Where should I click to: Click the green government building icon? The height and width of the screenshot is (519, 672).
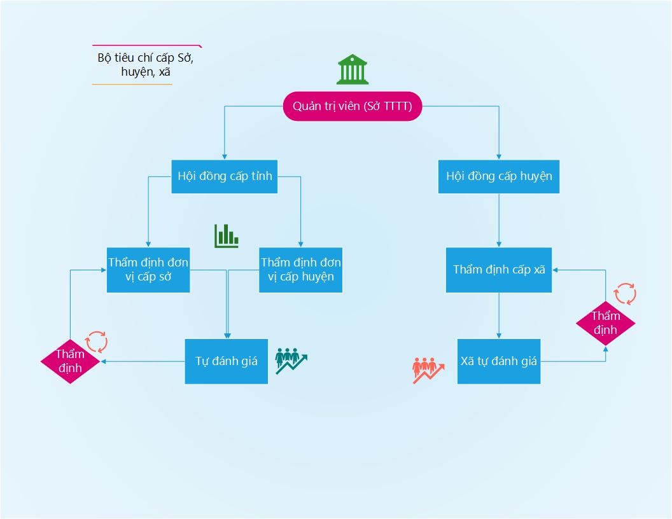[x=352, y=69]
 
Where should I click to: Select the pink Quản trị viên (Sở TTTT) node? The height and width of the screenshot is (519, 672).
[x=352, y=107]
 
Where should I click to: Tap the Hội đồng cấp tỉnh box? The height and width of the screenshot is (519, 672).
[x=225, y=176]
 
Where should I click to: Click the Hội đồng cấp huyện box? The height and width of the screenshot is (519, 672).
[x=499, y=176]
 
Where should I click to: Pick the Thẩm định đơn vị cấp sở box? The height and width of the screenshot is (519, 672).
[x=148, y=270]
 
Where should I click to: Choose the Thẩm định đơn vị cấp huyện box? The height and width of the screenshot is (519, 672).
[x=300, y=270]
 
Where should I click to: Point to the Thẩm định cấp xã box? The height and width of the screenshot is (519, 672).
[x=499, y=270]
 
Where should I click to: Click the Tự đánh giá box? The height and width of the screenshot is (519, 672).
[x=226, y=361]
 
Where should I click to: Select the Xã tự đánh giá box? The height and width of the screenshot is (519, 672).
[x=499, y=361]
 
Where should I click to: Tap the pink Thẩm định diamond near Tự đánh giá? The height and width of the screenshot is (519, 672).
[x=70, y=361]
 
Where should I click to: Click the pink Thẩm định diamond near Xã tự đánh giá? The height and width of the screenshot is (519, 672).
[x=605, y=323]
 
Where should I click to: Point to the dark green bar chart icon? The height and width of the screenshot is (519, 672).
[x=227, y=236]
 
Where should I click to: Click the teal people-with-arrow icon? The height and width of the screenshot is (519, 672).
[x=291, y=360]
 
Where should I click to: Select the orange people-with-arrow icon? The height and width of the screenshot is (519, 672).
[x=428, y=370]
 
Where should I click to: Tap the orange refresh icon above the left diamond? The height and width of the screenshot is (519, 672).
[x=97, y=342]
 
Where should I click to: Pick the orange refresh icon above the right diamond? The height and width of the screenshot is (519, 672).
[x=625, y=294]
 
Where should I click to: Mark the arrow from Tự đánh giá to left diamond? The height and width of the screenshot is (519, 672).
[x=143, y=361]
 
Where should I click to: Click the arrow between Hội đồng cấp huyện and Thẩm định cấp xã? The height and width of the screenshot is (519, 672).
[x=499, y=220]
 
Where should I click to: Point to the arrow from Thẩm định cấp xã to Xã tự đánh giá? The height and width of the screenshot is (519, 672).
[x=499, y=315]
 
